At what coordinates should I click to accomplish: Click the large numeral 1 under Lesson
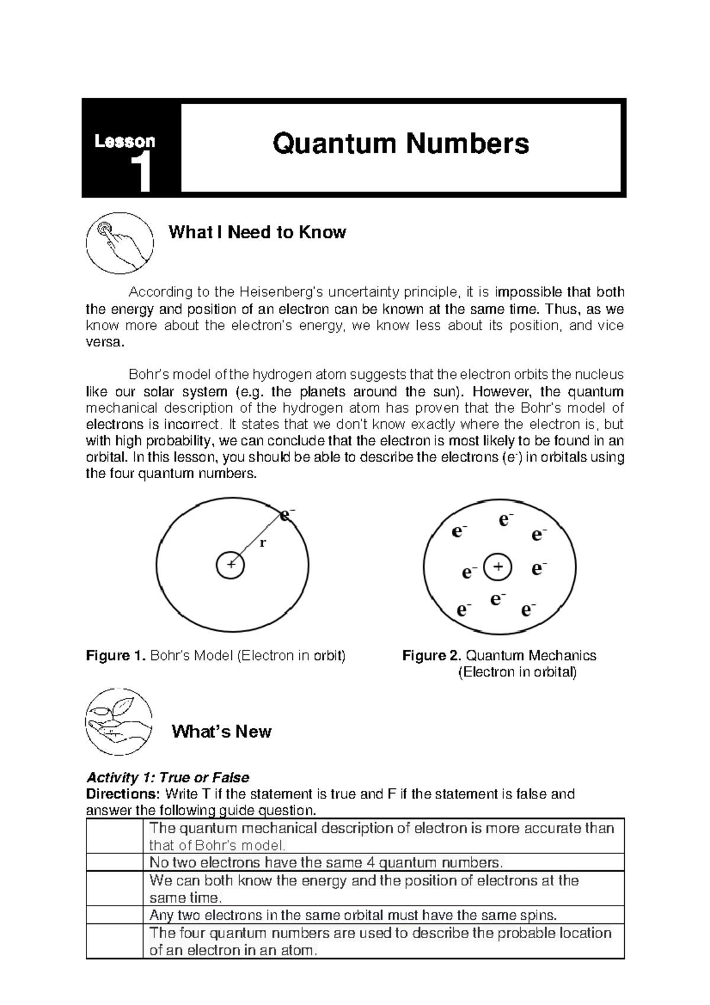141,172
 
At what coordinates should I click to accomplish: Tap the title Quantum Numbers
401,144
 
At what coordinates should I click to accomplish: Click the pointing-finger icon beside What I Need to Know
120,243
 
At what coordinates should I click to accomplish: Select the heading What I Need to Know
257,232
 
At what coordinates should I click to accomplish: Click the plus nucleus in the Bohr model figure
230,565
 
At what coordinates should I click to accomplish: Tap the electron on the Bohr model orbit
286,515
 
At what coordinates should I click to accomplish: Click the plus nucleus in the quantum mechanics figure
498,568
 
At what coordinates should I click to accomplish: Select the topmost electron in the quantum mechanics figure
505,520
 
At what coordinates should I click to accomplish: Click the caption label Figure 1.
115,655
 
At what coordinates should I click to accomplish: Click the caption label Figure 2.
431,655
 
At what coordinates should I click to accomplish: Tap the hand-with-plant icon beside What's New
119,721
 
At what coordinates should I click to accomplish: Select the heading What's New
221,732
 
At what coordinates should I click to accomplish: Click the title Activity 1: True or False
167,777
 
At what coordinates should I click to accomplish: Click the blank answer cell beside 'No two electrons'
115,862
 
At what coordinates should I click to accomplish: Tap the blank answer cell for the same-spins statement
115,915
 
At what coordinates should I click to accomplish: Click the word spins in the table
538,915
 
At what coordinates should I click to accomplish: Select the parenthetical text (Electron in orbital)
518,672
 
